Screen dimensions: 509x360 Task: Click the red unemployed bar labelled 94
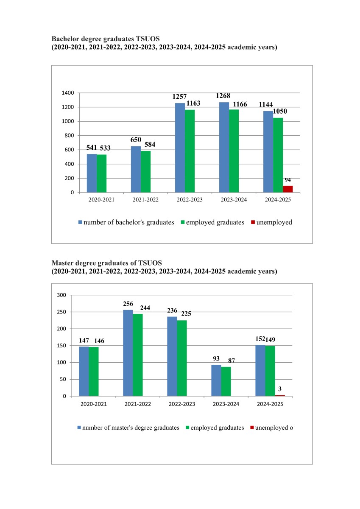(x=287, y=189)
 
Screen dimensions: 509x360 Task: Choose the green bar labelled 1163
(x=190, y=151)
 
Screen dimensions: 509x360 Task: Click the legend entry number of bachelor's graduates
(x=129, y=222)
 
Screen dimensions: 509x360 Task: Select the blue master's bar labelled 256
(x=128, y=353)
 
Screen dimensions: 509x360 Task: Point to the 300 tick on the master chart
(x=62, y=295)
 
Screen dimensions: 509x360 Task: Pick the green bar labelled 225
(x=182, y=358)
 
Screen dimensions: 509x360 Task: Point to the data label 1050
(x=281, y=111)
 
